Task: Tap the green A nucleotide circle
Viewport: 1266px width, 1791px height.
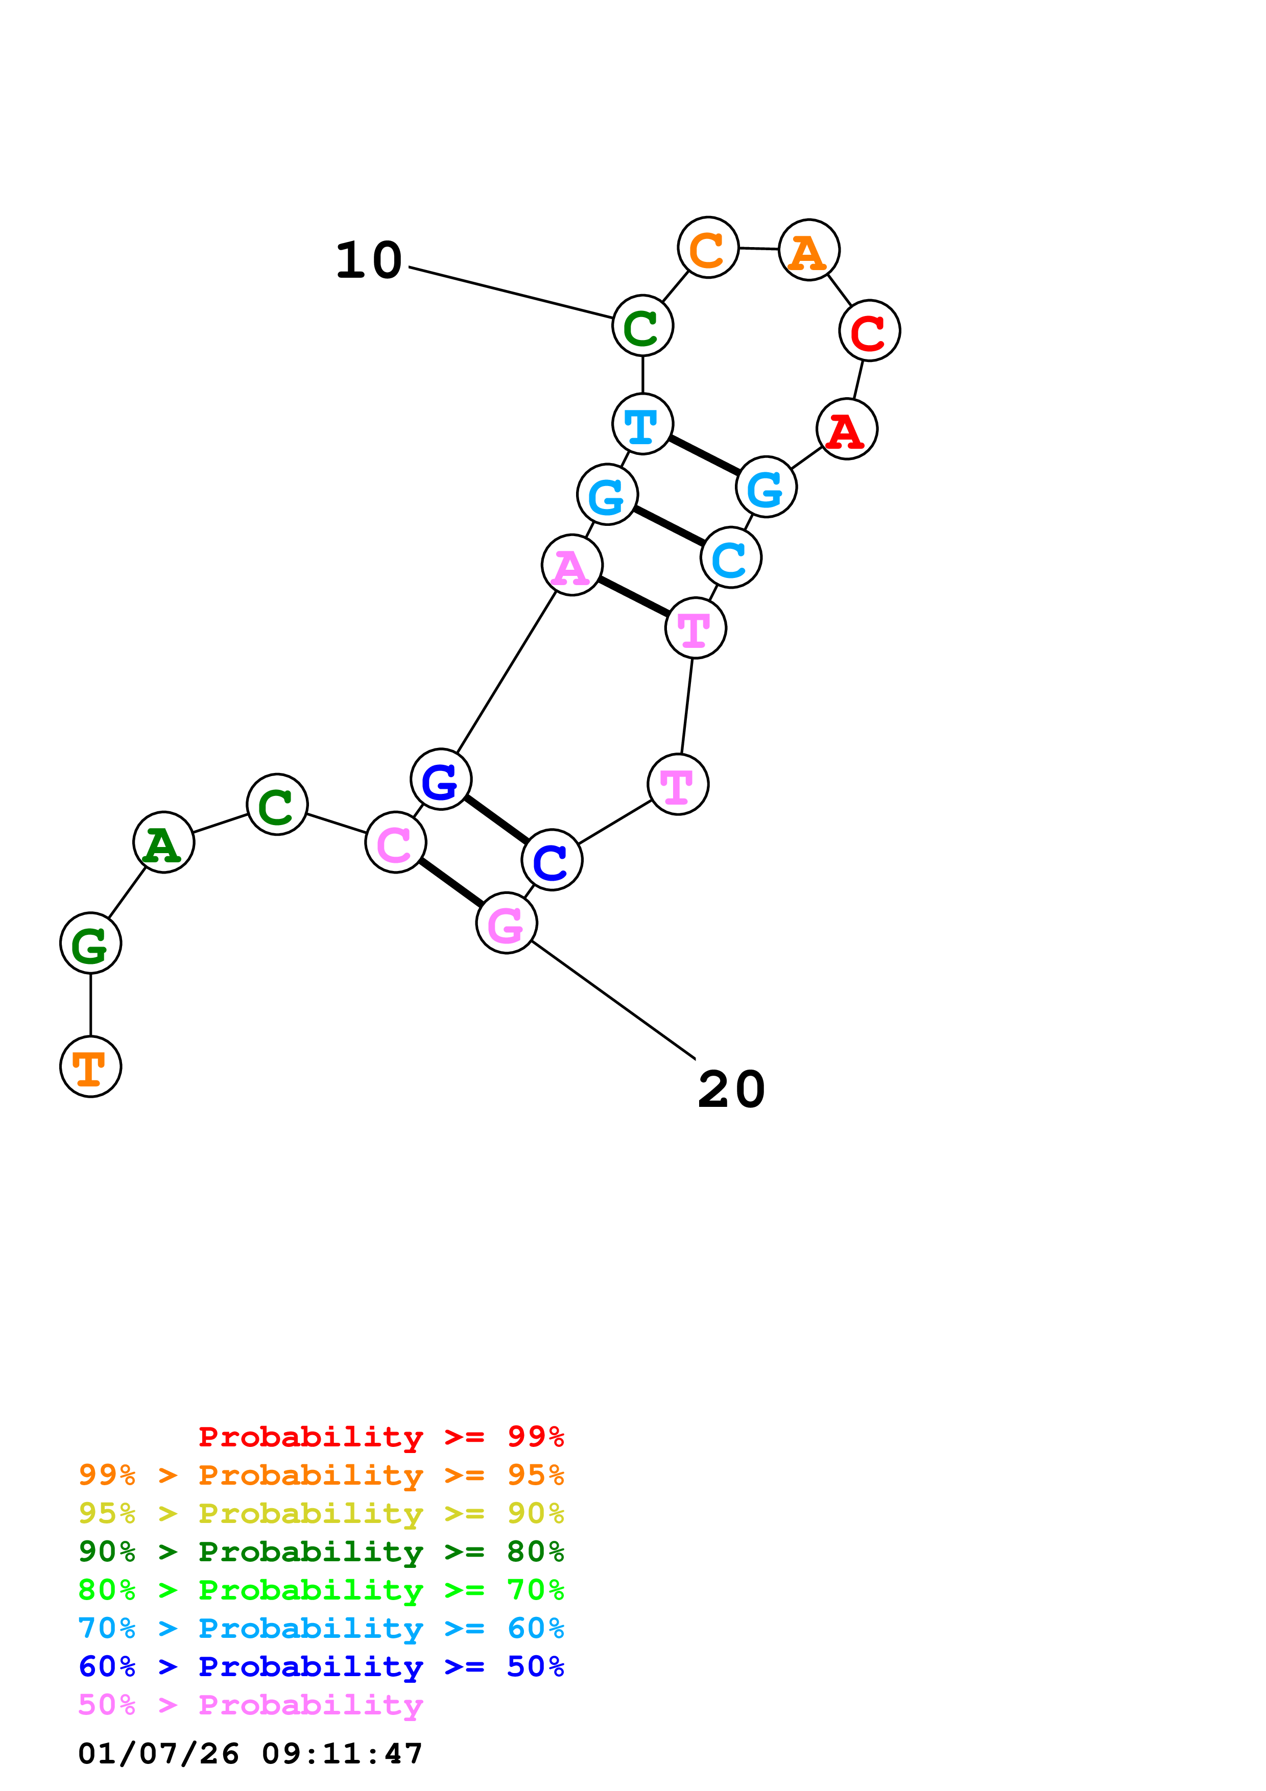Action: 164,842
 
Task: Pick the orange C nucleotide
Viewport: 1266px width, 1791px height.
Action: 707,248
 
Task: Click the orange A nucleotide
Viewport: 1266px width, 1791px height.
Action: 809,250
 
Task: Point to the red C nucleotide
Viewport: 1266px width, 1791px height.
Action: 869,331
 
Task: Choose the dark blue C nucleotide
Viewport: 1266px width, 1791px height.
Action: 552,860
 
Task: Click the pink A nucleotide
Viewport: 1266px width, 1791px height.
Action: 572,565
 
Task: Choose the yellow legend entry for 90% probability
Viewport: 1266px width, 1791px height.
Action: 321,1513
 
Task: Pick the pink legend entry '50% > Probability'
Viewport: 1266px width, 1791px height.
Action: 250,1705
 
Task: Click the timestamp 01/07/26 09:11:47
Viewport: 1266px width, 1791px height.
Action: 250,1754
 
